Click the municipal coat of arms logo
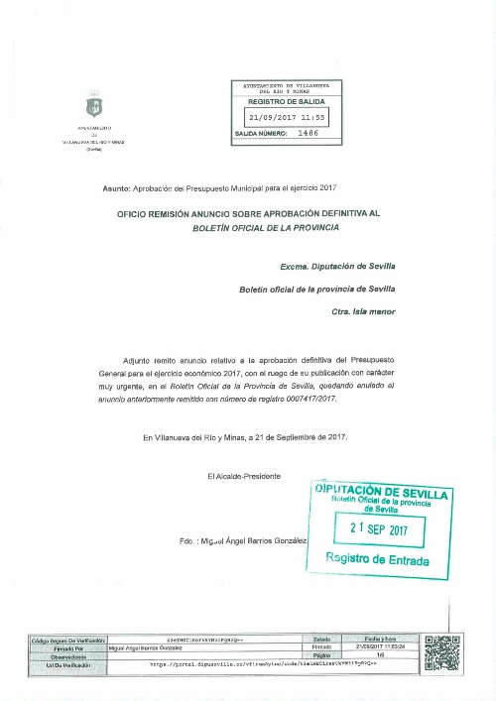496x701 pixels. pos(94,107)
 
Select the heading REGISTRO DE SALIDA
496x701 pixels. pos(286,101)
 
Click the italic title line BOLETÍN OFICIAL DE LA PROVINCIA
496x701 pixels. pos(265,227)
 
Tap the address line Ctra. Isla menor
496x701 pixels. pos(363,311)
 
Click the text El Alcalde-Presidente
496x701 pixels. pos(244,476)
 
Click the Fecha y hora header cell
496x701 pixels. pos(380,641)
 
